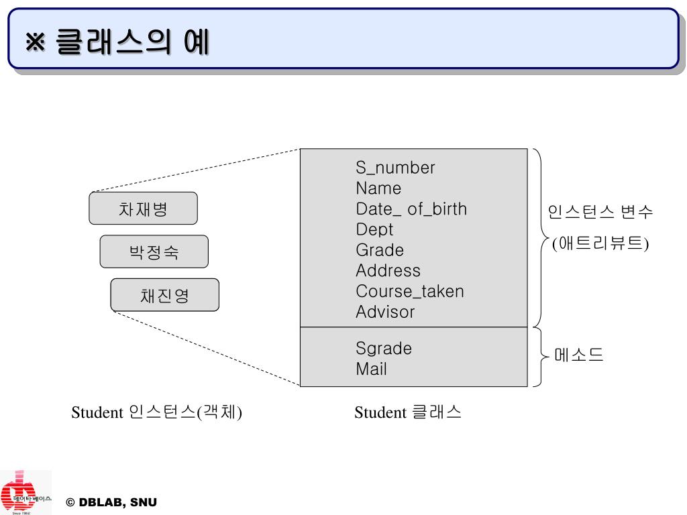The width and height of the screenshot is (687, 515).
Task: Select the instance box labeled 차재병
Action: coord(143,209)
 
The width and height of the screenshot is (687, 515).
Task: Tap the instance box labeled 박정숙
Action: coord(154,252)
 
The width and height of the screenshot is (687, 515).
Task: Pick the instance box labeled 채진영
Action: coord(164,295)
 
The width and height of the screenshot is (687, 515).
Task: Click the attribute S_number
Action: coord(395,168)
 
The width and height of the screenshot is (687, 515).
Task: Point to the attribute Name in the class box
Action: coord(378,188)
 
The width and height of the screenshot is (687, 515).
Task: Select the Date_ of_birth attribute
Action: coord(411,209)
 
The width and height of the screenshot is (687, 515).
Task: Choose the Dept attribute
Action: coord(374,229)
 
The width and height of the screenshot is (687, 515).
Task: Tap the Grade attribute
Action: coord(380,250)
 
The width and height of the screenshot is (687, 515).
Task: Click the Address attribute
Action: coord(388,271)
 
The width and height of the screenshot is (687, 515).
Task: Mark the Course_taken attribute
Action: coord(409,291)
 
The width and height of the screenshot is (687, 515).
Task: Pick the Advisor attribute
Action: coord(385,312)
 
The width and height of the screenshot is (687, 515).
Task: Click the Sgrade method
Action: coord(384,349)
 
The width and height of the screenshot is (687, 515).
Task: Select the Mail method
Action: coord(371,369)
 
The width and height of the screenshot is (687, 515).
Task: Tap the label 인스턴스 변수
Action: coord(600,213)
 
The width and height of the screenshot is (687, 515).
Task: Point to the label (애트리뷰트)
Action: coord(600,243)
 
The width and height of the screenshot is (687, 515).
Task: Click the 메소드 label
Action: coord(579,355)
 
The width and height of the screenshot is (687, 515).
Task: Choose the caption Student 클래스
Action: coord(408,412)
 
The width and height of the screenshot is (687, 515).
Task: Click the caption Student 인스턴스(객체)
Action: coord(156,412)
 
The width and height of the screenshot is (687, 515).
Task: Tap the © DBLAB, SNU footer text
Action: coord(111,502)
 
